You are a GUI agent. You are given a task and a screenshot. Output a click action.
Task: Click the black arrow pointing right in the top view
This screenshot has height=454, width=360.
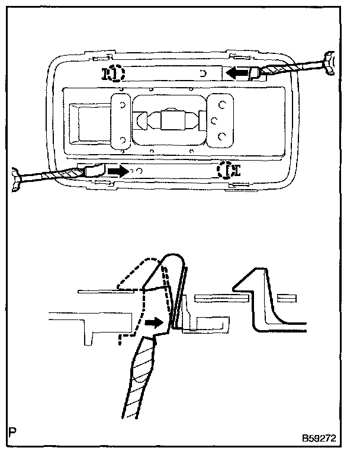tap(118, 171)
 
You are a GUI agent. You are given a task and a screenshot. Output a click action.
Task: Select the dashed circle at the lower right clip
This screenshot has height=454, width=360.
tap(224, 171)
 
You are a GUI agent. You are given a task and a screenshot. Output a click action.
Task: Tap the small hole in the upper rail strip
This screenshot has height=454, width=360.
tap(202, 73)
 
